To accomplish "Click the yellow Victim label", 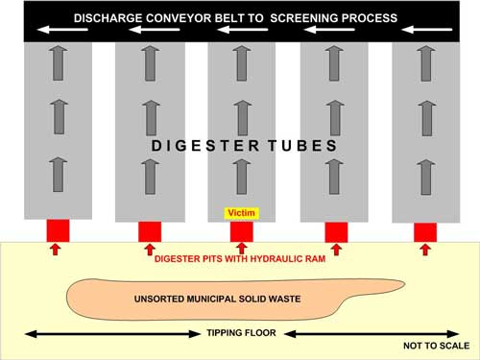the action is (x=242, y=213).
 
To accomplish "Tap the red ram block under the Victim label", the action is (x=242, y=232).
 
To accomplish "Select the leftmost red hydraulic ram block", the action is (x=58, y=230).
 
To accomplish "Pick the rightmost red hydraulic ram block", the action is (x=425, y=232).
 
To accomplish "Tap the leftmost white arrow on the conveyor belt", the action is (x=62, y=30).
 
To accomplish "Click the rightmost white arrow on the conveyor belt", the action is (x=427, y=30).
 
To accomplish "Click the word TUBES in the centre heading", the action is (x=302, y=146).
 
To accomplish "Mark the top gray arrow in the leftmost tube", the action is (x=58, y=63).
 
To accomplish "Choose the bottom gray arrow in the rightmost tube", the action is (x=426, y=178).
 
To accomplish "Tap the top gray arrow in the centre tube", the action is (x=242, y=63).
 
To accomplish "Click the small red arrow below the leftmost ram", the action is (x=56, y=250).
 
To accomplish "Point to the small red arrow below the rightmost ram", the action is (x=425, y=250).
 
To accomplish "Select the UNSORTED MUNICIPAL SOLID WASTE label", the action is (x=217, y=300).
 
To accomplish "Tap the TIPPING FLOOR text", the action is (x=241, y=333).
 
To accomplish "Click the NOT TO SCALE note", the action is (x=437, y=346).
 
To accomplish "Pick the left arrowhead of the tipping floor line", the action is (x=30, y=334).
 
